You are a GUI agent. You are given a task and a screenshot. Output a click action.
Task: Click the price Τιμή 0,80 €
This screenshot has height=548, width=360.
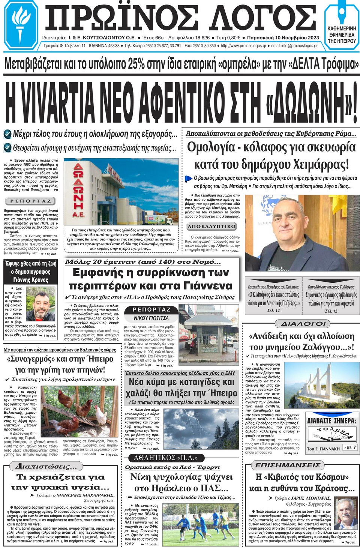(x=228, y=38)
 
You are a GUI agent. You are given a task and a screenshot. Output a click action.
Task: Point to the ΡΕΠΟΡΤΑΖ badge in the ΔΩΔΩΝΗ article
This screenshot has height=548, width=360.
(x=30, y=201)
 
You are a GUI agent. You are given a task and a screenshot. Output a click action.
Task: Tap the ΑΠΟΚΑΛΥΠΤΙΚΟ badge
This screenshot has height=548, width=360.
(x=211, y=226)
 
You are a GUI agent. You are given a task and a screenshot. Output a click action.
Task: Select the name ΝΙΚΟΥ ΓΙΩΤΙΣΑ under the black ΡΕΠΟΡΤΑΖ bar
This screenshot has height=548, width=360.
(x=151, y=318)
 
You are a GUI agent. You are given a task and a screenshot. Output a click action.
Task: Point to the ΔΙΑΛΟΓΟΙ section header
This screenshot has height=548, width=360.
(x=303, y=323)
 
